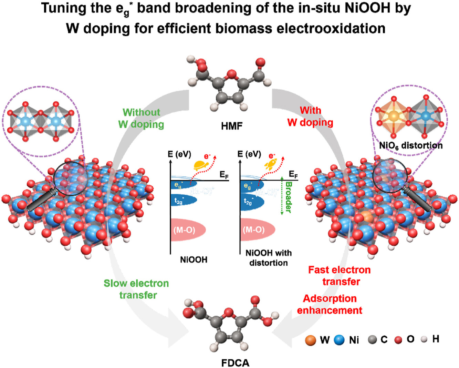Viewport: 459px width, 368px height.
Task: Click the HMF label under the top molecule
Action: click(232, 126)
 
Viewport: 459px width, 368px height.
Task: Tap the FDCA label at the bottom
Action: click(235, 363)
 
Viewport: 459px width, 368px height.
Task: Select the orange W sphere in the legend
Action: click(311, 340)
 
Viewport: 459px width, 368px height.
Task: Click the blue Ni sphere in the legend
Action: click(339, 340)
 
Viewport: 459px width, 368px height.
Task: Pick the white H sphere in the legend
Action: click(424, 339)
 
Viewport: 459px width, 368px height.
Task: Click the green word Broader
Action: click(289, 197)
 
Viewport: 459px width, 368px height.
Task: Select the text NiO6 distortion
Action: click(410, 145)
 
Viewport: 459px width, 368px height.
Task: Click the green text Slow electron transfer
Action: click(137, 289)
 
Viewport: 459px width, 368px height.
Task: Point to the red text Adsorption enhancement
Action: click(330, 304)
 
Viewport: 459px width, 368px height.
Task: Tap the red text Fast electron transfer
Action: click(340, 275)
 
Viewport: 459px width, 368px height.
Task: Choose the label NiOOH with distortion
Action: click(268, 258)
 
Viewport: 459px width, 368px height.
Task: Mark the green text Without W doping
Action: click(141, 118)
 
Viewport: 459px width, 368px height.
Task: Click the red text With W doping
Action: click(310, 116)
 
